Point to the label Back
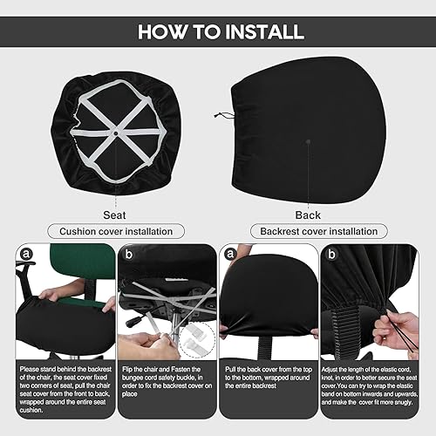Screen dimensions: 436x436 coord(307,215)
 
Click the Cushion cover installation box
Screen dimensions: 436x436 coord(114,232)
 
